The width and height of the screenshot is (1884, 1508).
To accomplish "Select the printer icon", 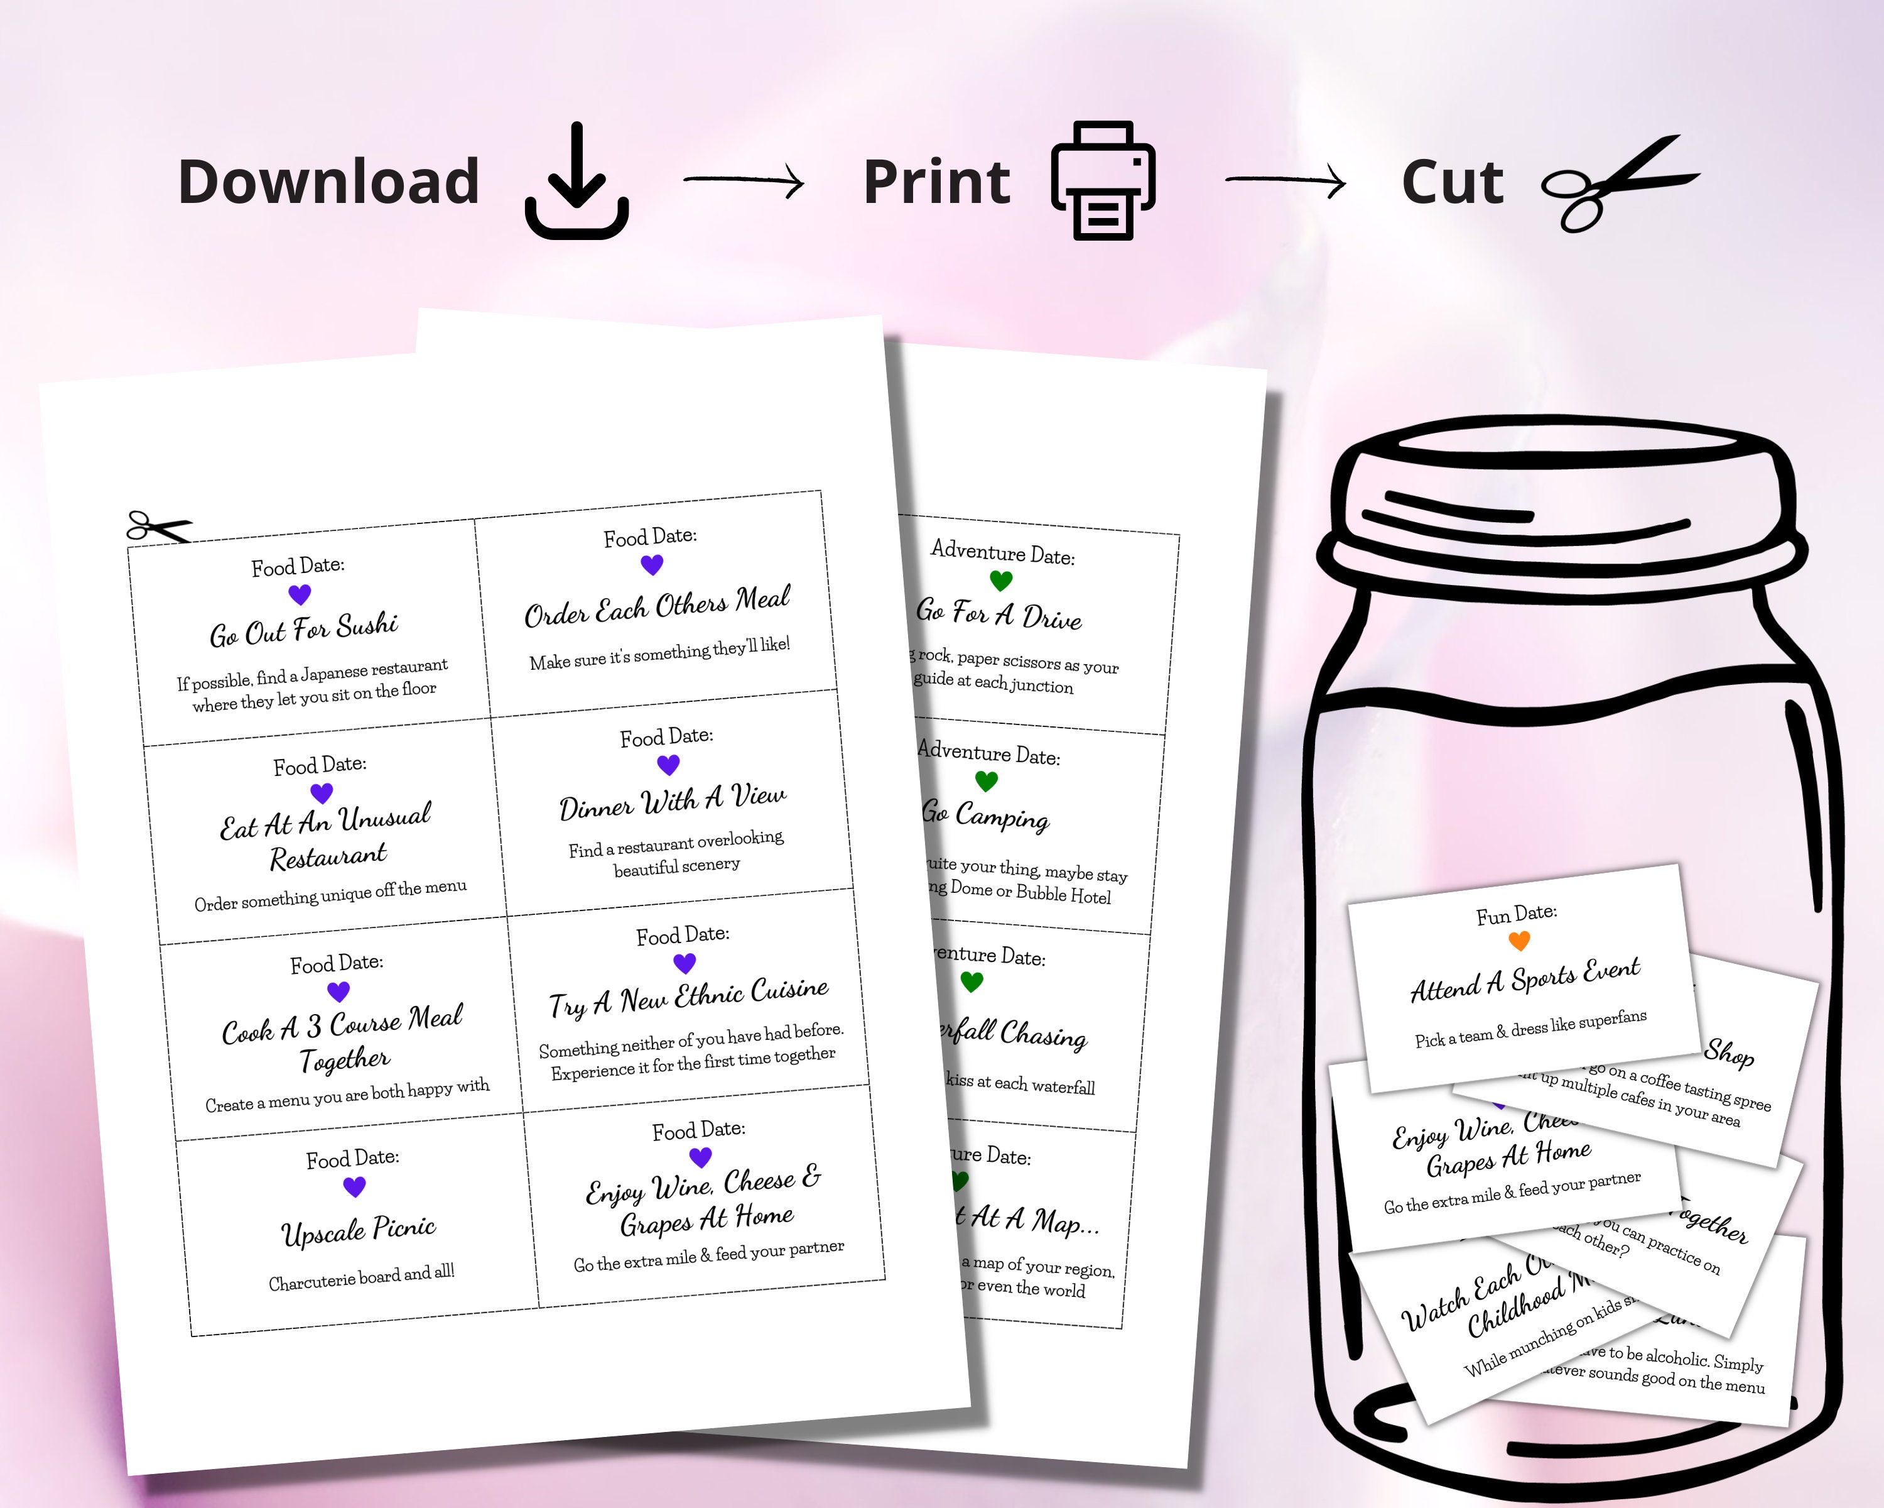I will click(1103, 181).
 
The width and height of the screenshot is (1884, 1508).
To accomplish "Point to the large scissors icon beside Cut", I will click(1616, 185).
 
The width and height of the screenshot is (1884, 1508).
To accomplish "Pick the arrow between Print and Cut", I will click(1286, 181).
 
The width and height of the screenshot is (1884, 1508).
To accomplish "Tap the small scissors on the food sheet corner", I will click(157, 527).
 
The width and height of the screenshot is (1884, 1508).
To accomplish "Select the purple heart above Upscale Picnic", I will click(354, 1187).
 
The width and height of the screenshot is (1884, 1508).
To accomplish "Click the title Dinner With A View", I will click(672, 800).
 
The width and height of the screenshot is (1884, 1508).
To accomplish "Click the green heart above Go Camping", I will click(986, 780).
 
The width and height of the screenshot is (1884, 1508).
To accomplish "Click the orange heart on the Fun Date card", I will click(1520, 941).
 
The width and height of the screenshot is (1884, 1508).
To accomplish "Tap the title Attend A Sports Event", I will click(1525, 980).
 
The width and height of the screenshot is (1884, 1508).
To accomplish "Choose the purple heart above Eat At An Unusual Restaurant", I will click(322, 793).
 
